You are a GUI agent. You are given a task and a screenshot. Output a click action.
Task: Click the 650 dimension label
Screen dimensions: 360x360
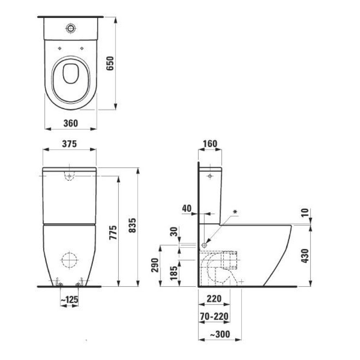110,63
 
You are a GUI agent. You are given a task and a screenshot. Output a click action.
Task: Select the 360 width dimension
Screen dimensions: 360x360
71,123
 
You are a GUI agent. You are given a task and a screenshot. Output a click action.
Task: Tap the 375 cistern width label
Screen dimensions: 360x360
69,144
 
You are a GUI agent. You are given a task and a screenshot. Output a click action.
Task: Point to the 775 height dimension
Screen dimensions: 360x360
113,233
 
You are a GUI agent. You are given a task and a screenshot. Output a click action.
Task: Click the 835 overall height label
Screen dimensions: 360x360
132,225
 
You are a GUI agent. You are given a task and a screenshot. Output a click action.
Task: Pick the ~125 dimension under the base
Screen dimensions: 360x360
69,300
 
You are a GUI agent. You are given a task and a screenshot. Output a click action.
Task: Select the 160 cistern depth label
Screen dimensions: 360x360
210,144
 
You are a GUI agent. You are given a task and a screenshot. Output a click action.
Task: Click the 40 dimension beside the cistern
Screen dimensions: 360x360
186,208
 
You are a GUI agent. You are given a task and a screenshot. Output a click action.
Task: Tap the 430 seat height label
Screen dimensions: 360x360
305,256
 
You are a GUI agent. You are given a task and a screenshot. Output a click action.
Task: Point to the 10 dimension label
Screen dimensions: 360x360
305,213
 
